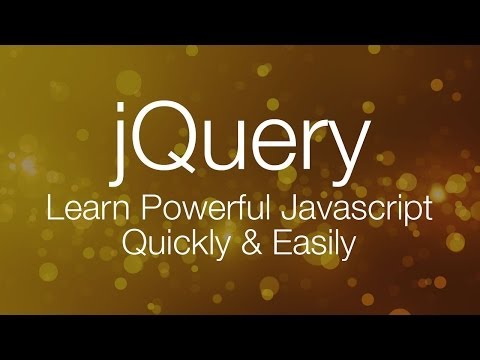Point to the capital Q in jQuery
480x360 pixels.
pyautogui.click(x=167, y=138)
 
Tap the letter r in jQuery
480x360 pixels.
pyautogui.click(x=300, y=146)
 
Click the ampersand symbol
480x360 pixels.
pyautogui.click(x=240, y=243)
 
